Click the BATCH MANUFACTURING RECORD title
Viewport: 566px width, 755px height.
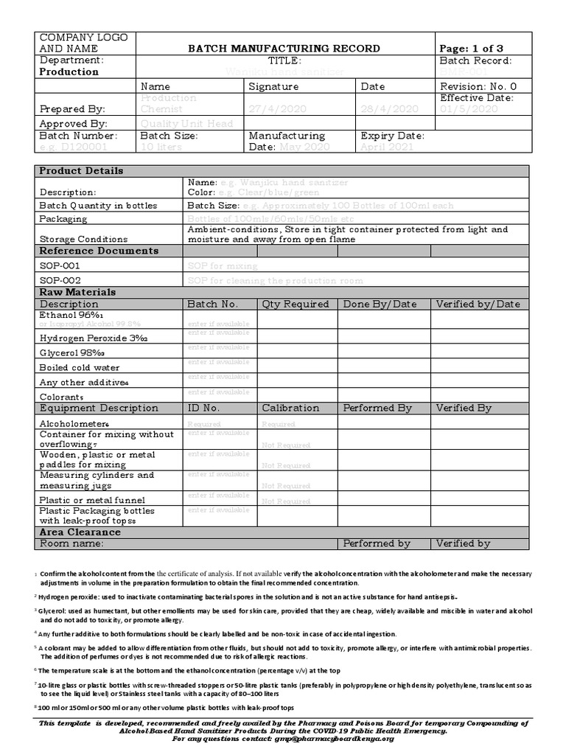[284, 49]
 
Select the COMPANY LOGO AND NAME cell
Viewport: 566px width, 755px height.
[83, 43]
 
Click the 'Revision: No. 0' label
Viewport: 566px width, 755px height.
[478, 86]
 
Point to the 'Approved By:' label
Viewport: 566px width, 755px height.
[73, 124]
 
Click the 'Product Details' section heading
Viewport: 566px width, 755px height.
[81, 171]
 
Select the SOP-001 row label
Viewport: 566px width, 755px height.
[60, 265]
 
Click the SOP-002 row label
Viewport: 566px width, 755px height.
[60, 280]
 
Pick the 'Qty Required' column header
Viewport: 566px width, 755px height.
[296, 304]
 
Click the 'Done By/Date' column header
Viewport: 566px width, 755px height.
[380, 304]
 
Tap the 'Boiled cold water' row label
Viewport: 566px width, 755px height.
[79, 367]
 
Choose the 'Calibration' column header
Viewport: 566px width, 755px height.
[290, 408]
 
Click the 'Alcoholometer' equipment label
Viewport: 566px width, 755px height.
[74, 424]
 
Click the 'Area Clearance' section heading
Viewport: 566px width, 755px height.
[80, 532]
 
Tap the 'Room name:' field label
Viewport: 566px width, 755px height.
[71, 543]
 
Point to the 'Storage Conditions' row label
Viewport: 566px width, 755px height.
[83, 239]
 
